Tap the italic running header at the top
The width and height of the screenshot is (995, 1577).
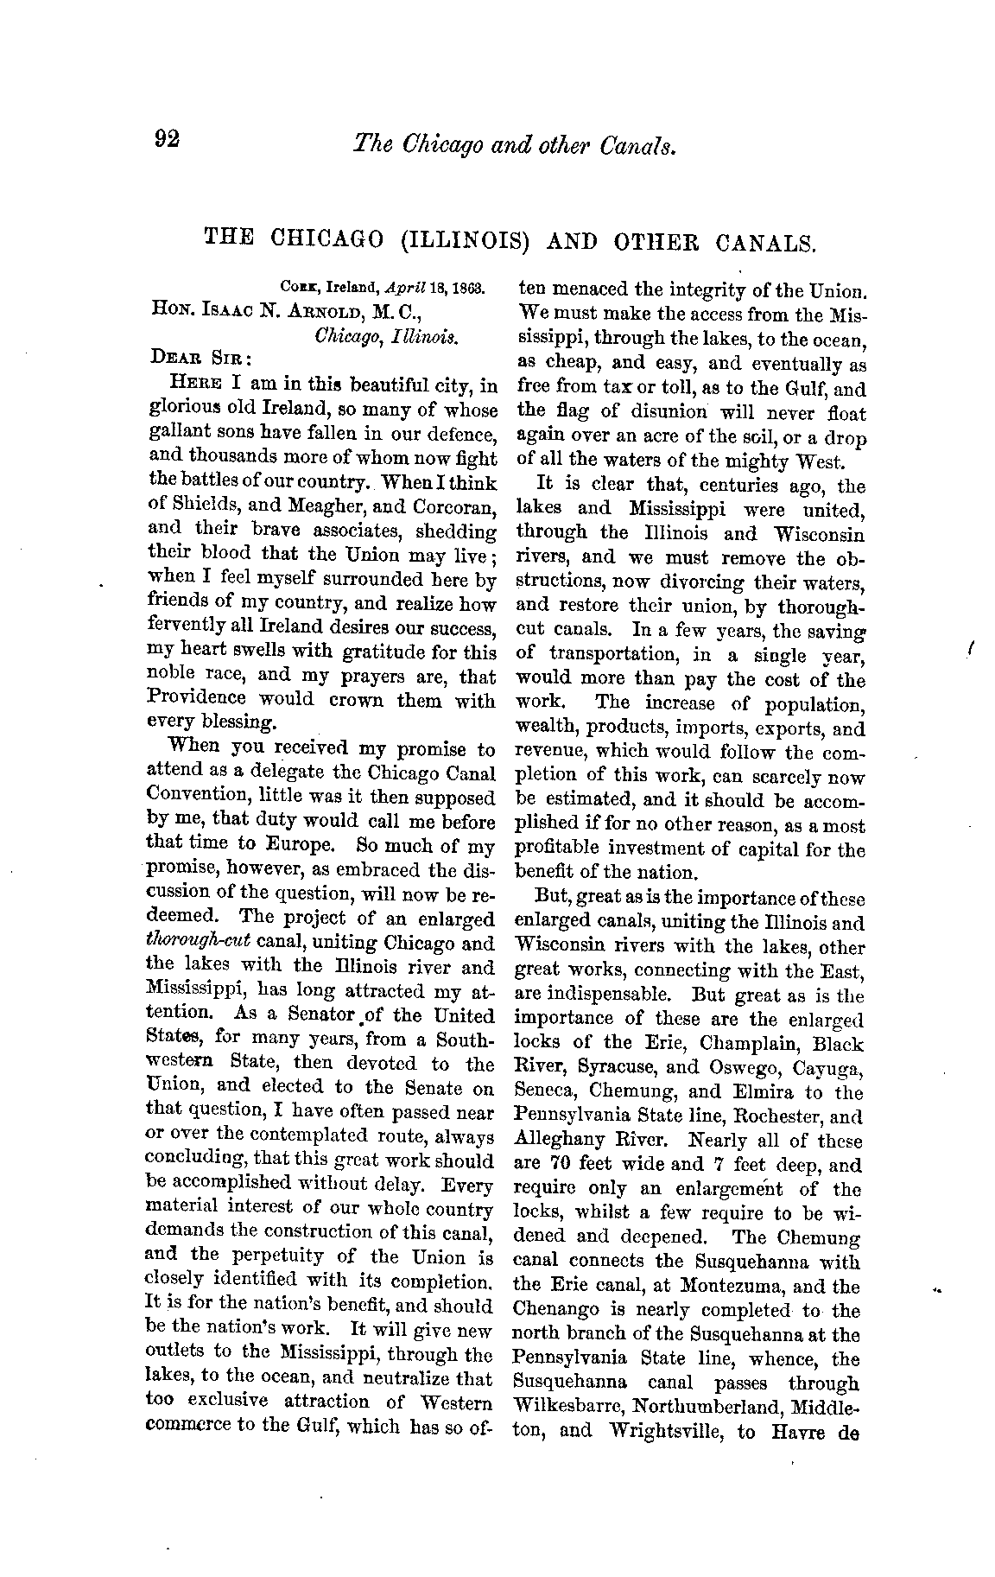click(513, 143)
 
